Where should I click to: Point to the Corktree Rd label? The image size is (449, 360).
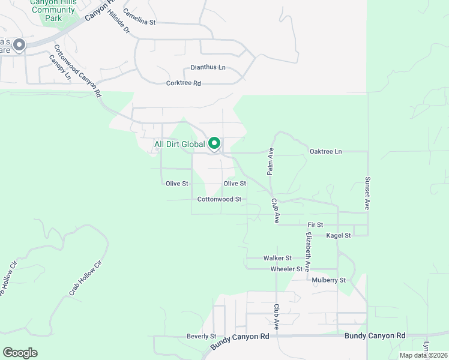tap(183, 83)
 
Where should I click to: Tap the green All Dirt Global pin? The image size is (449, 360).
tap(214, 143)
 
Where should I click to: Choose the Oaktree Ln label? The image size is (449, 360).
tap(325, 152)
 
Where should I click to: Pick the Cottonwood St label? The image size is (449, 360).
tap(219, 199)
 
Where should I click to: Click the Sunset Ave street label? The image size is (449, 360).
tap(366, 193)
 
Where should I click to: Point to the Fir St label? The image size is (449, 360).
tap(315, 224)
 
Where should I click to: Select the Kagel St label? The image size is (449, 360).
tap(338, 236)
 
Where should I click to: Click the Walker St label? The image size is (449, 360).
tap(277, 258)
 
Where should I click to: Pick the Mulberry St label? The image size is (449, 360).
tap(328, 280)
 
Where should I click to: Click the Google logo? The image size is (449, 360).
tap(20, 352)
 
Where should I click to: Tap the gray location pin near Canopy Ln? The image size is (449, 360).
tap(19, 45)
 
